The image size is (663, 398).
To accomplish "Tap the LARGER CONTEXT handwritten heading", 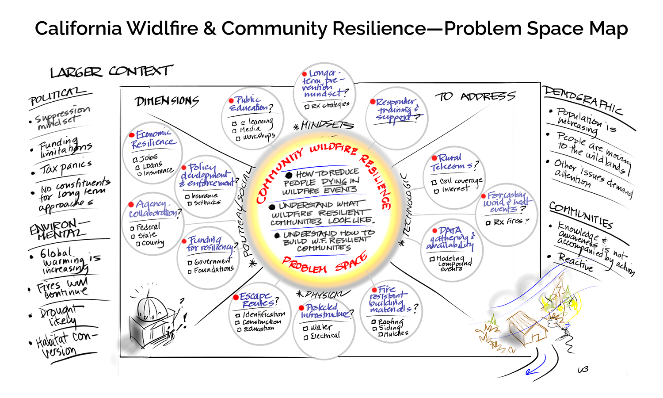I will (110, 72).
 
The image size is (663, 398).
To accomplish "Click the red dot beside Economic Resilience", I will (132, 135).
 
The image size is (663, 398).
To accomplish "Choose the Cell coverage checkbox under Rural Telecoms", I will (434, 182).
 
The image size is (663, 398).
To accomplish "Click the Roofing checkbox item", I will (374, 322).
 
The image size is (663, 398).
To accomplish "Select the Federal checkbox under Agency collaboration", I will (133, 228).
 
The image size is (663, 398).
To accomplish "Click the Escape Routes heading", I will (259, 299).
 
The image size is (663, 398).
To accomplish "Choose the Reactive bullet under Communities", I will (575, 263).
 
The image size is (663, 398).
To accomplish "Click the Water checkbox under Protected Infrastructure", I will (305, 328).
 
